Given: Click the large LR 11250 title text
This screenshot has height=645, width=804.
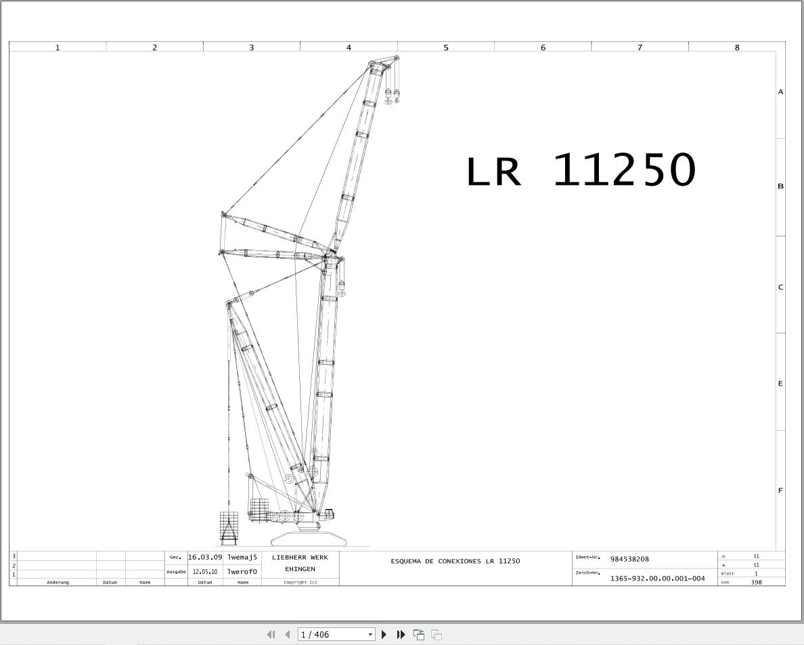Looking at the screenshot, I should click(581, 170).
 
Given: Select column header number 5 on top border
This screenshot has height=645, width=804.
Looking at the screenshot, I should click(445, 47).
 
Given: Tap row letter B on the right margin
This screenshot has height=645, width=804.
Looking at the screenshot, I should click(780, 186).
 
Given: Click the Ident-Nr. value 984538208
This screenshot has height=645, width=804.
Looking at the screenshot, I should click(629, 559).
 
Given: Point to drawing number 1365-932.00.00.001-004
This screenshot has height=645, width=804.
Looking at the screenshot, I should click(657, 579).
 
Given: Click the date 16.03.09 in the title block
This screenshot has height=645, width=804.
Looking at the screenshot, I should click(204, 557).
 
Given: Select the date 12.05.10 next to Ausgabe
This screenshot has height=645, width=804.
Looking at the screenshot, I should click(204, 572).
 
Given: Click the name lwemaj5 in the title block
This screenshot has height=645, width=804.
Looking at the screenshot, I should click(242, 557).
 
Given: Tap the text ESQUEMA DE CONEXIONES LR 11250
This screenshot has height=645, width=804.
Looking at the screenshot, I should click(455, 561).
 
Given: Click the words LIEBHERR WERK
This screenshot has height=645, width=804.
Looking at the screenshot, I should click(300, 558).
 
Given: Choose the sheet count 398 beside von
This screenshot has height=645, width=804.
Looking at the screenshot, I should click(756, 582).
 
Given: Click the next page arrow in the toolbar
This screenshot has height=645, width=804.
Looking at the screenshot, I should click(384, 634).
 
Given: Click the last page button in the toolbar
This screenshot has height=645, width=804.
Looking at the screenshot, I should click(401, 634).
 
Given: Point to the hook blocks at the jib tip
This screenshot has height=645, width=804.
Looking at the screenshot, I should click(393, 96).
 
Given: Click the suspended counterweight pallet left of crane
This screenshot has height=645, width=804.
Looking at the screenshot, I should click(229, 528).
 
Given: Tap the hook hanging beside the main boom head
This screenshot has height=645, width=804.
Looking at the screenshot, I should click(342, 288).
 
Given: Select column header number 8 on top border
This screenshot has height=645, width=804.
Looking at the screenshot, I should click(736, 47).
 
